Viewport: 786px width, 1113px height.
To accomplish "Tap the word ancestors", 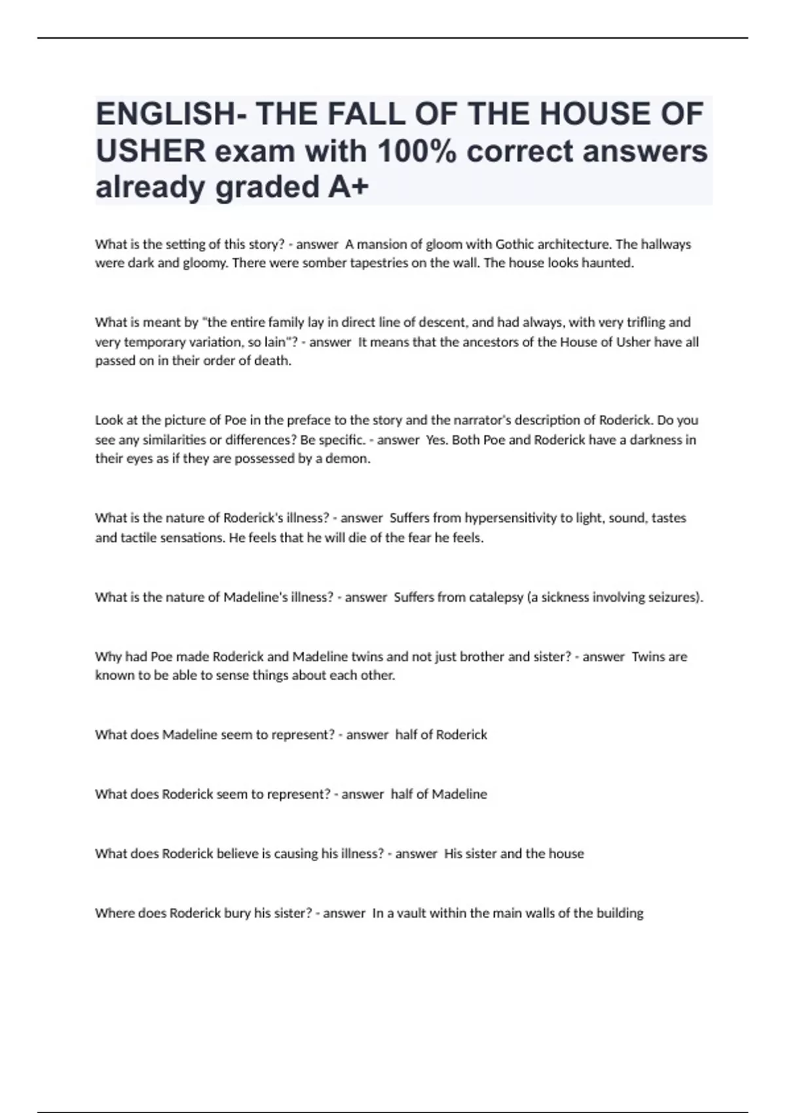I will pyautogui.click(x=490, y=342).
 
